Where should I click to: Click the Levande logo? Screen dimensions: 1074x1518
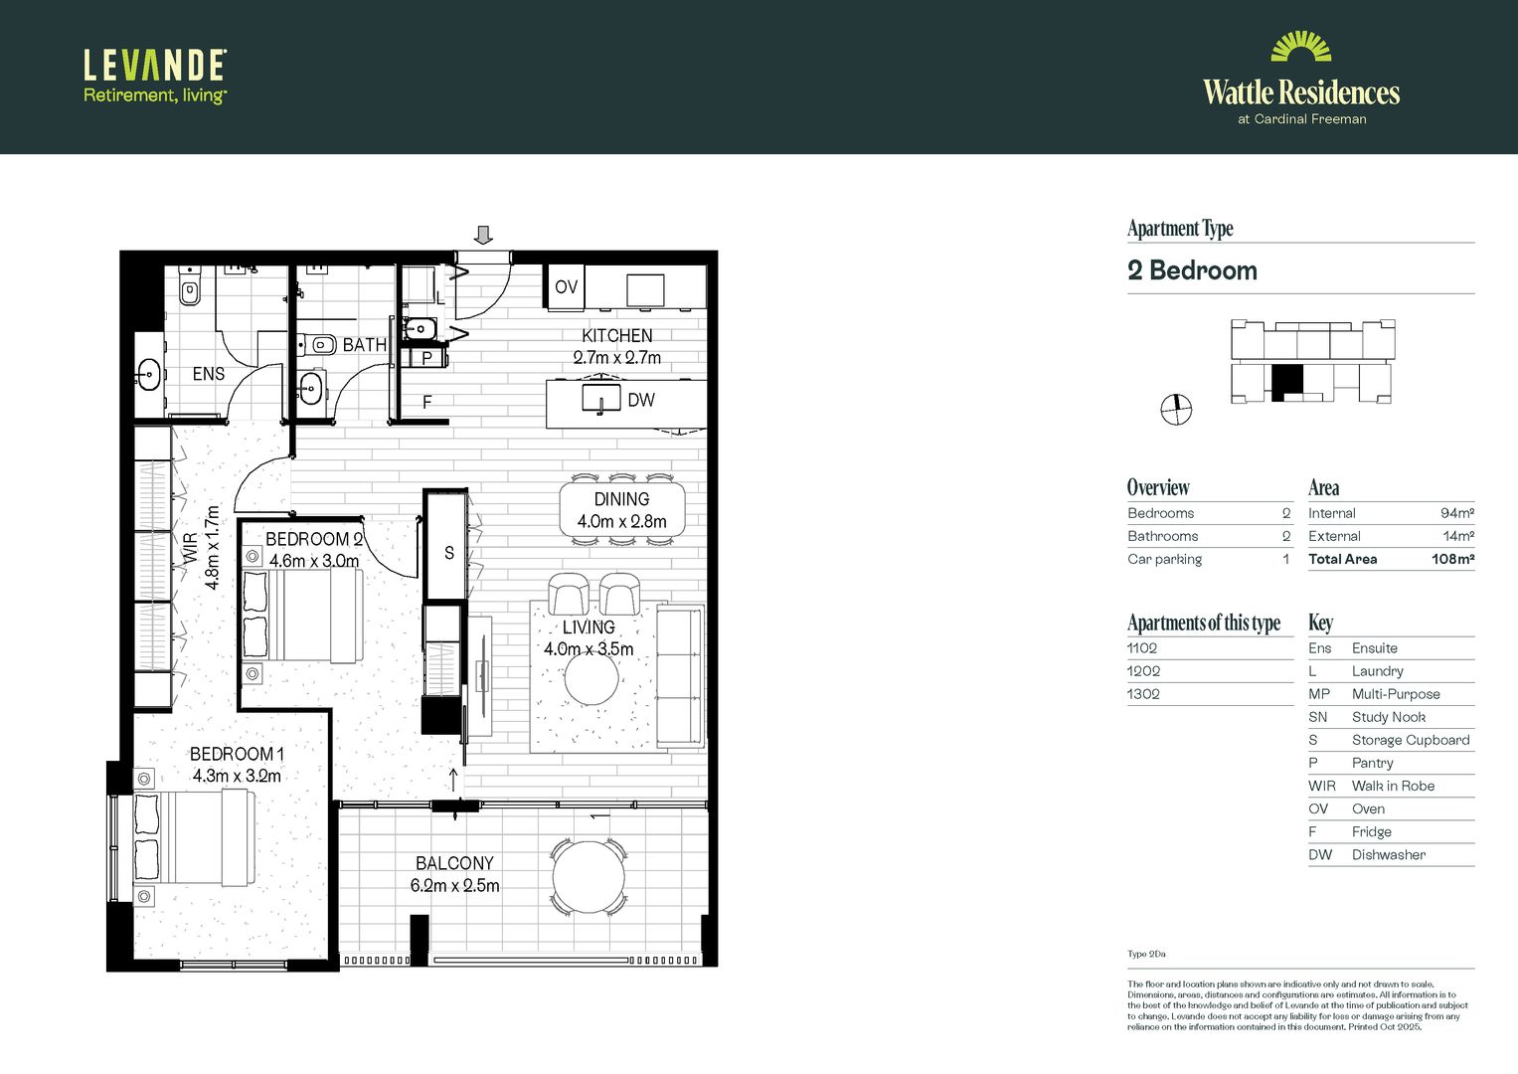point(155,77)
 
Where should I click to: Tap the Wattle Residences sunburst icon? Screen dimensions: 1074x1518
point(1300,48)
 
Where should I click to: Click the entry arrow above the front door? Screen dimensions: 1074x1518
point(483,235)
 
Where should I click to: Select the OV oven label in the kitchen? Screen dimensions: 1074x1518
point(566,287)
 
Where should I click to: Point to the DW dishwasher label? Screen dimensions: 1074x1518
point(641,400)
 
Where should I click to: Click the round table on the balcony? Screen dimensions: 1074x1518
point(590,877)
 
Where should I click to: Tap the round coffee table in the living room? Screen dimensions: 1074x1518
point(591,680)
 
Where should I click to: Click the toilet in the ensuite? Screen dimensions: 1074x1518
point(189,288)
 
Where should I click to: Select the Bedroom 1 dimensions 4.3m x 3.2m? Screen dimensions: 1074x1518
point(237,776)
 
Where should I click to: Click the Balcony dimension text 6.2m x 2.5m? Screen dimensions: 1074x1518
point(454,885)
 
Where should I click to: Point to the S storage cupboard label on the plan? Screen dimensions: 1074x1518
point(448,553)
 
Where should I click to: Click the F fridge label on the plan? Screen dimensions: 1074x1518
point(427,403)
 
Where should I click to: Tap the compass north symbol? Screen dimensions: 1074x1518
point(1176,409)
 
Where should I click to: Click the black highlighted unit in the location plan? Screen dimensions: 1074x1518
point(1286,381)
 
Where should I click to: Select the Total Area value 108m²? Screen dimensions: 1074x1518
point(1452,559)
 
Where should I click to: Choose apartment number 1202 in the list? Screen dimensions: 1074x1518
point(1143,671)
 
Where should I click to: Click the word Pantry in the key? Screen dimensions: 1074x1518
point(1372,763)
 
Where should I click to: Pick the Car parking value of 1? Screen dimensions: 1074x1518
point(1285,559)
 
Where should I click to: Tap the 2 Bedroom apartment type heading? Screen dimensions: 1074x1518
point(1192,270)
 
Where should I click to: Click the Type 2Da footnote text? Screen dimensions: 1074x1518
point(1146,954)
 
